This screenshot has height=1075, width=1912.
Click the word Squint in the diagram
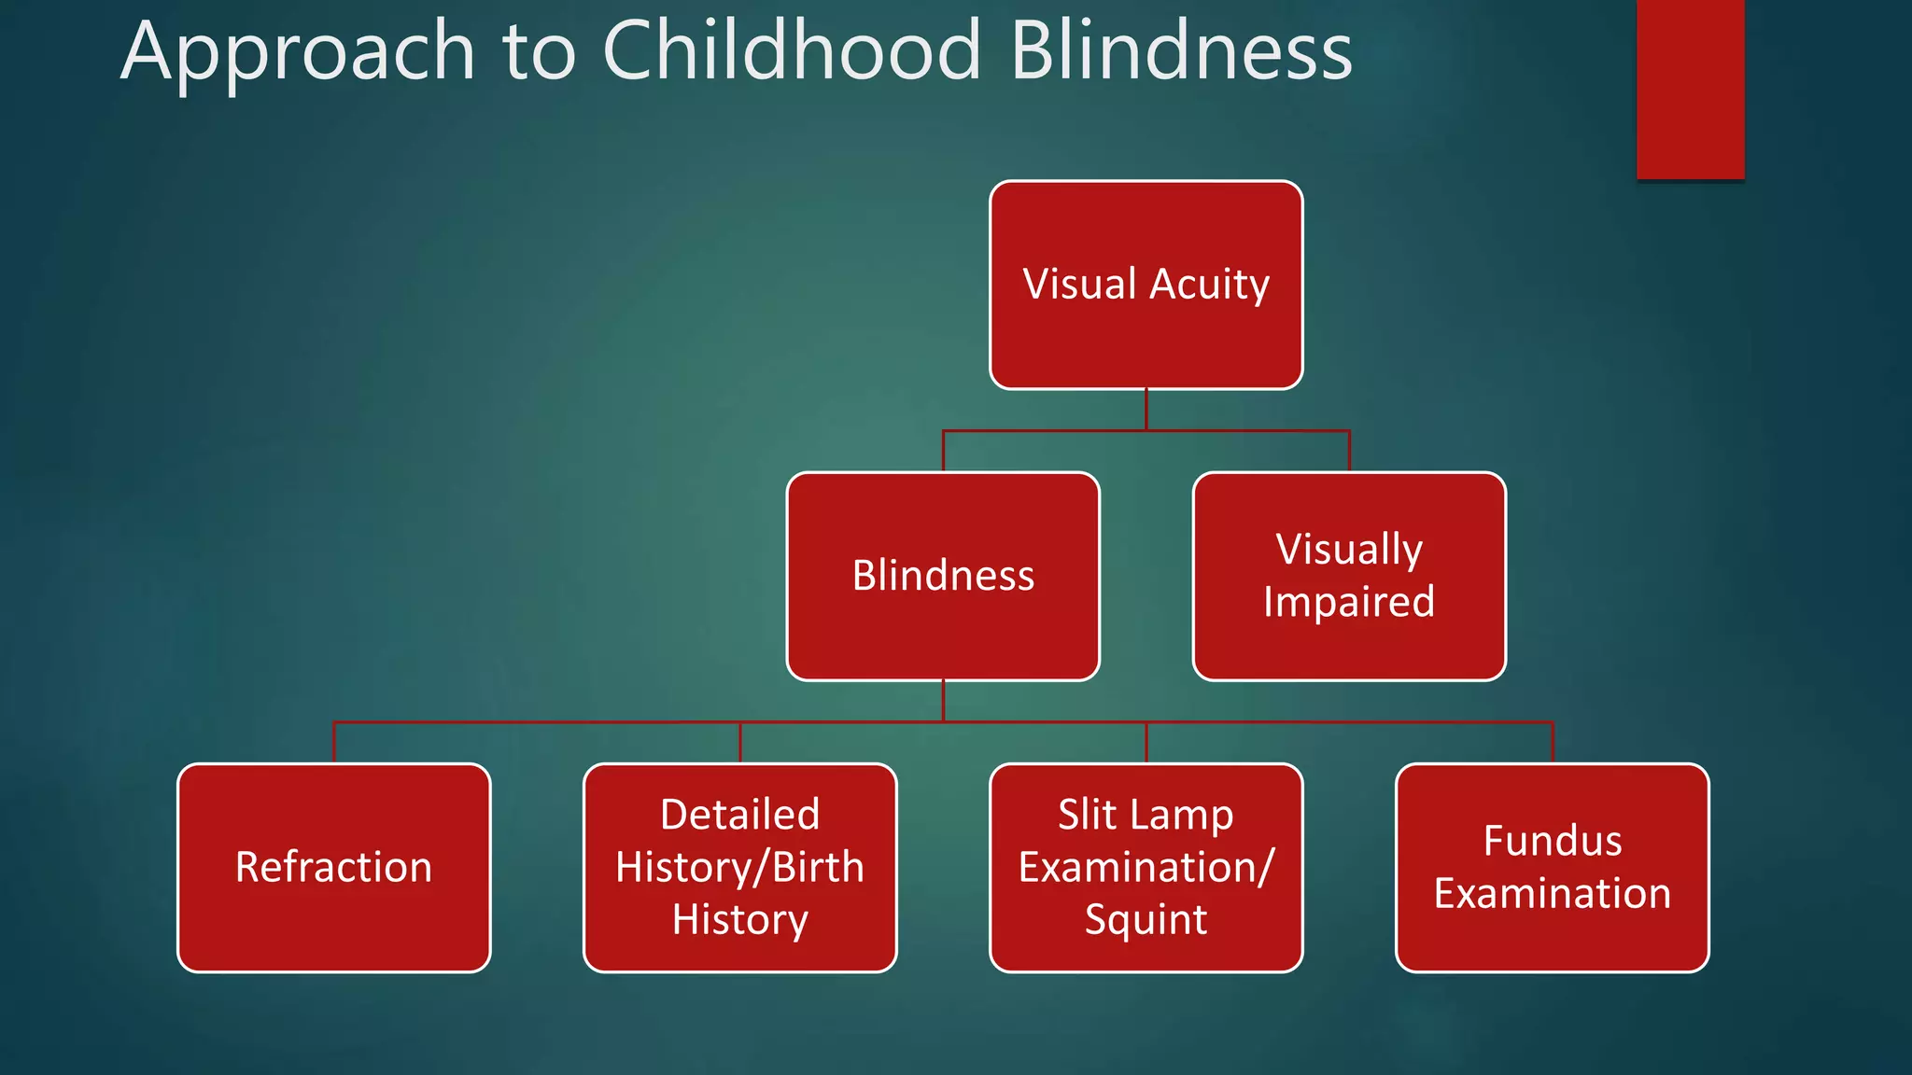[1146, 920]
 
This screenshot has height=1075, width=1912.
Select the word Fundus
[1552, 841]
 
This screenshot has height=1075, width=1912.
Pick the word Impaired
[1349, 602]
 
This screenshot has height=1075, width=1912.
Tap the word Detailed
[739, 815]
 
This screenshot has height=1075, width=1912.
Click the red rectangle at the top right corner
[1690, 89]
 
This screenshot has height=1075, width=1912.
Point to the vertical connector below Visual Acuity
[1146, 410]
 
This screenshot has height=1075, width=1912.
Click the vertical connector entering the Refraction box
[334, 744]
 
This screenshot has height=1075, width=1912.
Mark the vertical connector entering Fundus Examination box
[1553, 744]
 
